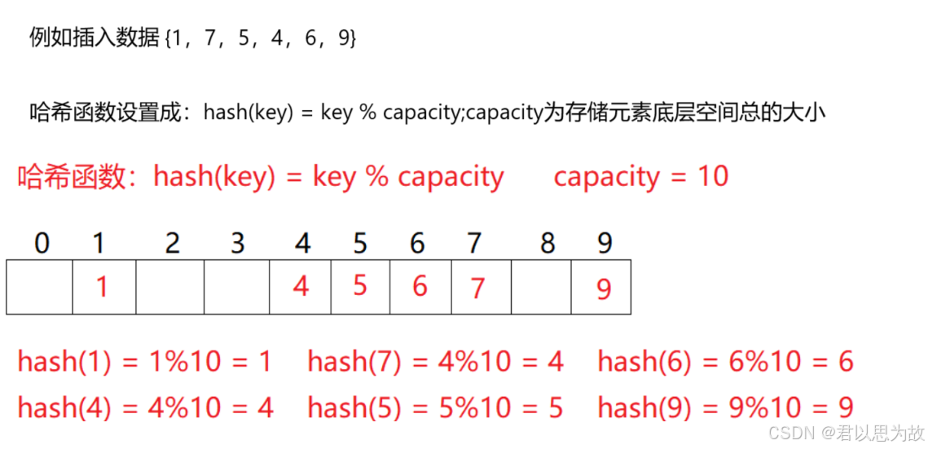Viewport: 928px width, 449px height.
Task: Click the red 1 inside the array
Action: point(101,287)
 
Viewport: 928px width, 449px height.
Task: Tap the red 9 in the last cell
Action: point(603,289)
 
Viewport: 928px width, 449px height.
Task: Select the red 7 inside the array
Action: point(478,288)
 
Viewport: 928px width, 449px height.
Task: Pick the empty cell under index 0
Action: point(39,287)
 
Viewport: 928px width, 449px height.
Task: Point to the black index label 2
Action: point(171,243)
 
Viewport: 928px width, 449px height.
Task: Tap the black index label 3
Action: point(236,243)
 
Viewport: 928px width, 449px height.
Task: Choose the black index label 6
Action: point(418,243)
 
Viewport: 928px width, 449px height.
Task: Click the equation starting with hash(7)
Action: point(435,361)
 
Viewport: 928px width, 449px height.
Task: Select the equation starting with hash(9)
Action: point(725,407)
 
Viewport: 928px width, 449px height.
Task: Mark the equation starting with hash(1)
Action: point(144,361)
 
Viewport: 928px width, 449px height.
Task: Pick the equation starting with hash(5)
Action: point(435,407)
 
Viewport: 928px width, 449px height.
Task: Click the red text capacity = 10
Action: point(640,176)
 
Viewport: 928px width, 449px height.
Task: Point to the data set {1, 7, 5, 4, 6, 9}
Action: point(260,37)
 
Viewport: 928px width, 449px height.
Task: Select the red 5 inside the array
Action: point(360,285)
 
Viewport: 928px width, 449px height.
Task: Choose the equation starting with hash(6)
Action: point(725,361)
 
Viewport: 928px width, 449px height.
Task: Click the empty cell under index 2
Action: point(169,287)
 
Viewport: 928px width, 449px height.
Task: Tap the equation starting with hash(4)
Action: point(145,407)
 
